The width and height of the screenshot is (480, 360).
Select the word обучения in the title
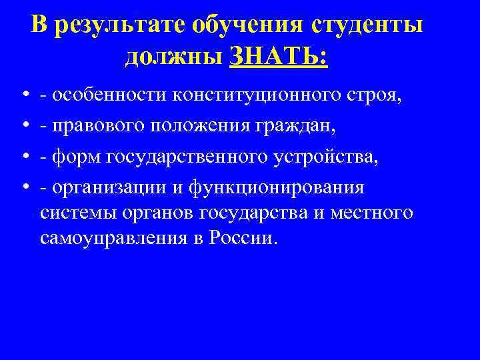[246, 25]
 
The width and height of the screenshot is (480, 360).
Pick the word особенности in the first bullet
[109, 95]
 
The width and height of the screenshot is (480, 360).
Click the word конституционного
[257, 95]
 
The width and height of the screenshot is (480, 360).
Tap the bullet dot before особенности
[23, 97]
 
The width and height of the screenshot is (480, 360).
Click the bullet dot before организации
[23, 188]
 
